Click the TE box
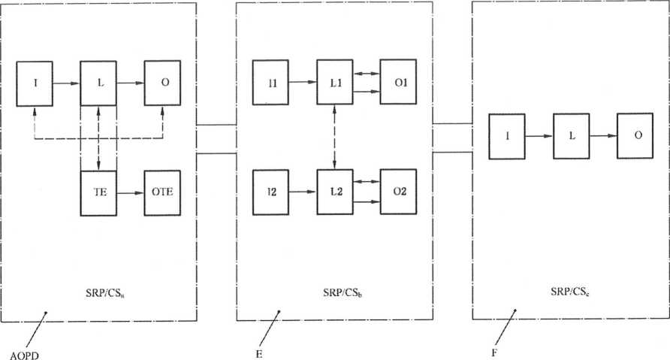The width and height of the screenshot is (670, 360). (x=99, y=193)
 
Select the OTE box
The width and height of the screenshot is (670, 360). (x=162, y=193)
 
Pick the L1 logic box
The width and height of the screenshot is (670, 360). (x=335, y=82)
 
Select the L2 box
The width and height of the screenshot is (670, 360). (x=335, y=193)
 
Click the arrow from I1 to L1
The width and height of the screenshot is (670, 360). (x=303, y=82)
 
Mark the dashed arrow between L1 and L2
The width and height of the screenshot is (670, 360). (x=335, y=138)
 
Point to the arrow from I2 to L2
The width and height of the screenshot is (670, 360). (x=303, y=193)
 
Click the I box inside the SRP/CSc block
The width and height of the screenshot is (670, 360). (x=508, y=136)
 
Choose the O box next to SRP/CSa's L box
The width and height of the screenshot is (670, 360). (x=162, y=81)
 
